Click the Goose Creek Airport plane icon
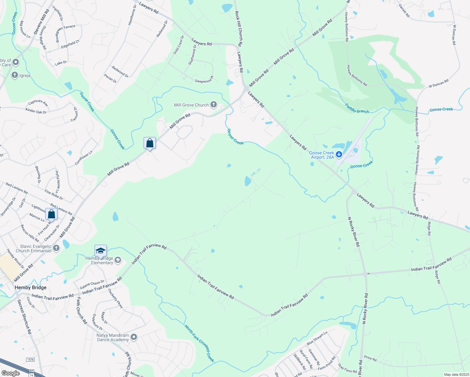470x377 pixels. pos(339,154)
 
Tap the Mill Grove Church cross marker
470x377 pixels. pos(213,105)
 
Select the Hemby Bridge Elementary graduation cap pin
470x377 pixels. pos(101,251)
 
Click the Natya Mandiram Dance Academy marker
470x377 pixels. pos(134,337)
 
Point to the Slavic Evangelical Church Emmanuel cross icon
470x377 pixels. pos(56,249)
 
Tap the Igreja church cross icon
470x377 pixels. pos(14,75)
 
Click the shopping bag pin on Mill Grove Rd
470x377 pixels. pos(150,143)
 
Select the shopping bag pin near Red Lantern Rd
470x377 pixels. pos(52,214)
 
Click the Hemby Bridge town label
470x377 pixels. pos(31,287)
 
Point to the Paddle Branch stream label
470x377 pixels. pos(357,108)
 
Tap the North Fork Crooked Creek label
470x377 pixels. pos(199,343)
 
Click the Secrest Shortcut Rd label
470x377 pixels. pos(25,317)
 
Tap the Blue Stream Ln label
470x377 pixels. pos(317,338)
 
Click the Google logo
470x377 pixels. pos(10,373)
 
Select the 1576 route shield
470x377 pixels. pos(30,359)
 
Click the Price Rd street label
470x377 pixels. pos(370,358)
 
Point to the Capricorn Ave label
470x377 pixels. pos(38,103)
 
